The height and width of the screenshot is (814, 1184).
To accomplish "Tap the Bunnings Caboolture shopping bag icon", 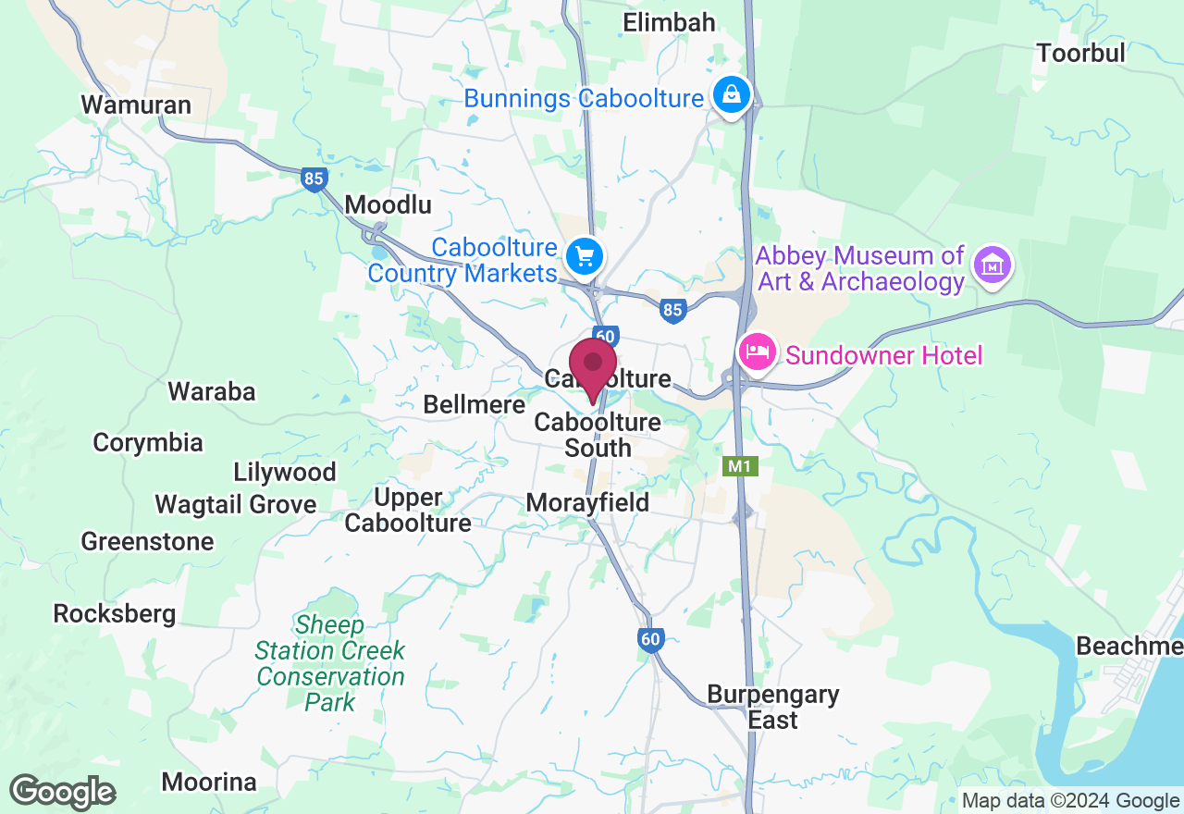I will tap(732, 95).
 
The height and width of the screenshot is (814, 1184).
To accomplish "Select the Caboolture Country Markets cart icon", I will tap(584, 255).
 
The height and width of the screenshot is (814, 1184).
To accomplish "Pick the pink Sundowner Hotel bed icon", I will tap(758, 352).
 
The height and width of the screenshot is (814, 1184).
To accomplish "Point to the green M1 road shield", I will tap(740, 466).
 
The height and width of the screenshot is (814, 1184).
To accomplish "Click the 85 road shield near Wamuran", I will tap(314, 179).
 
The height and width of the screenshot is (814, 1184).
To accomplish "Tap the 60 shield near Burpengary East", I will tap(651, 638).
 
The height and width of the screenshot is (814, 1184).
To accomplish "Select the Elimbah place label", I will tap(670, 22).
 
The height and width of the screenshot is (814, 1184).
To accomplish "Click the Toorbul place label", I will tap(1080, 53).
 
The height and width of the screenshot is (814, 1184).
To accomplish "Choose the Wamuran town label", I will tap(136, 105).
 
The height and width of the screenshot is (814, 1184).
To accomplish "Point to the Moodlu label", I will tap(388, 204).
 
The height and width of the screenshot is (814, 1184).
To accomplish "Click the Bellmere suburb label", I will tap(474, 404).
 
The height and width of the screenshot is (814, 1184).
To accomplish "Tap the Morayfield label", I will tap(587, 502).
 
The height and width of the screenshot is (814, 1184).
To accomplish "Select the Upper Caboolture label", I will tap(408, 510).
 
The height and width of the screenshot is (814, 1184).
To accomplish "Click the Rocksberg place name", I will tap(115, 613).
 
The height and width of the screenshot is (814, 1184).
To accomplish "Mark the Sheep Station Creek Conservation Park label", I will tap(330, 663).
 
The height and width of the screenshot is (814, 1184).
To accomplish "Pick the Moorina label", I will tap(209, 782).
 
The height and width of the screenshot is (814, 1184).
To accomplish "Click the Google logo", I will tap(63, 792).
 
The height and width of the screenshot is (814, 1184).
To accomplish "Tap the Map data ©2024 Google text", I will tap(1070, 801).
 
